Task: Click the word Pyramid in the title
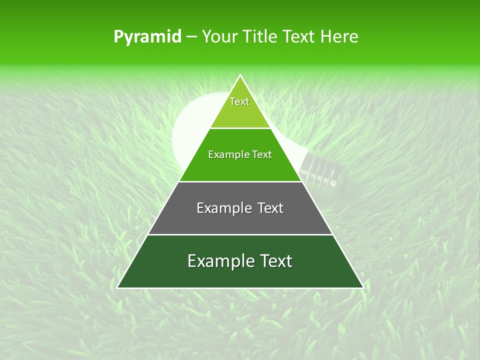click(x=147, y=37)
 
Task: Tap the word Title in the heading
click(x=260, y=36)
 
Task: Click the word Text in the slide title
click(x=299, y=36)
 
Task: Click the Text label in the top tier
click(x=239, y=101)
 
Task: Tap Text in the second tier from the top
click(x=261, y=155)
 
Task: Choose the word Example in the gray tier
click(x=222, y=208)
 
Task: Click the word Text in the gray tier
click(x=270, y=208)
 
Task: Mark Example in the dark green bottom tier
click(x=218, y=261)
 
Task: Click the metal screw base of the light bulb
click(x=325, y=170)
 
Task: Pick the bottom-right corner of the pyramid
click(x=362, y=287)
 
